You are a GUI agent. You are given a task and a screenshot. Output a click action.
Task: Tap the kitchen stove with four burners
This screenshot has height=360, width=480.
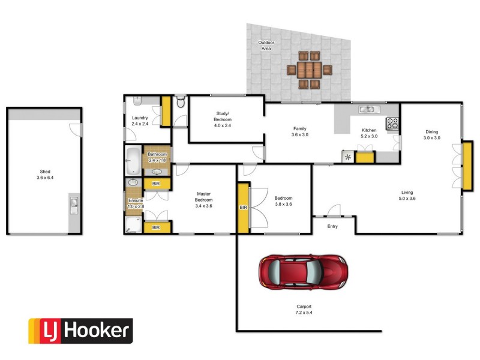pos(393,123)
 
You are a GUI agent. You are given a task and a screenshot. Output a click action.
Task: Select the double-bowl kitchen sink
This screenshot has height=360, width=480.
pos(367,109)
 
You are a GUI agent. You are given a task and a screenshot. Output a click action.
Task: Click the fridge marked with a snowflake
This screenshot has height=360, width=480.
pos(348,158)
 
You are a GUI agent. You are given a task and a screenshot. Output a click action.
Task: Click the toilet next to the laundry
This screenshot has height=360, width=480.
pos(181,103)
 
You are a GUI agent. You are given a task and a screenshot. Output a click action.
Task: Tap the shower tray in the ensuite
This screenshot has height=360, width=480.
pos(133,225)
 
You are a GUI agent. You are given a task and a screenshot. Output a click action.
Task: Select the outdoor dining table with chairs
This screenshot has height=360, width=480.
pos(308,70)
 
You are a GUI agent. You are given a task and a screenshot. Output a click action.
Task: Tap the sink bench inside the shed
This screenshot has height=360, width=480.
pos(74,206)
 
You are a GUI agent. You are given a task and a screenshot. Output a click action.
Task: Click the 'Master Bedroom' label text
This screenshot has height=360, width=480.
pos(203,199)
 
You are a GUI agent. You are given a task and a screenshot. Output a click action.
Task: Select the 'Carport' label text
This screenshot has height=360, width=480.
pos(304,309)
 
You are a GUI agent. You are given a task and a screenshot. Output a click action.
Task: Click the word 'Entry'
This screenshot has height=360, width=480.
pos(332,226)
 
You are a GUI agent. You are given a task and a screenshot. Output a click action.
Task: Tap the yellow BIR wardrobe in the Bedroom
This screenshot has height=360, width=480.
pos(243,207)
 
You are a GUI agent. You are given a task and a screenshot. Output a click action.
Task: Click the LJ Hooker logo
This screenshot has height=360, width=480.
pos(80,331)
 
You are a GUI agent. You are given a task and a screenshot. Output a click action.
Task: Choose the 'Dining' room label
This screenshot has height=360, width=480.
pos(431,134)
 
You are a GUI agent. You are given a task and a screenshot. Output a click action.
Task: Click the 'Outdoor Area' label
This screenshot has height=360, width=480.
pos(265,45)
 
